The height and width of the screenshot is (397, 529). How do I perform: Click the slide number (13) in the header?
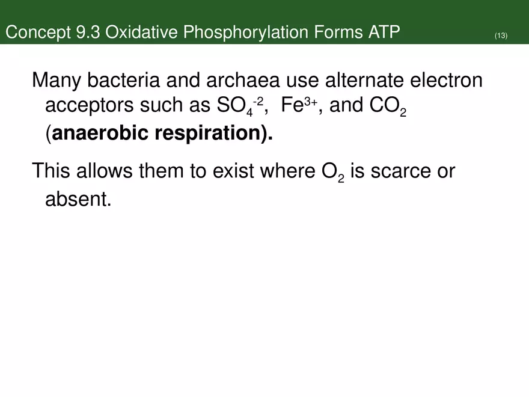point(501,36)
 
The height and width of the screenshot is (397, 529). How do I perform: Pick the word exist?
point(234,171)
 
